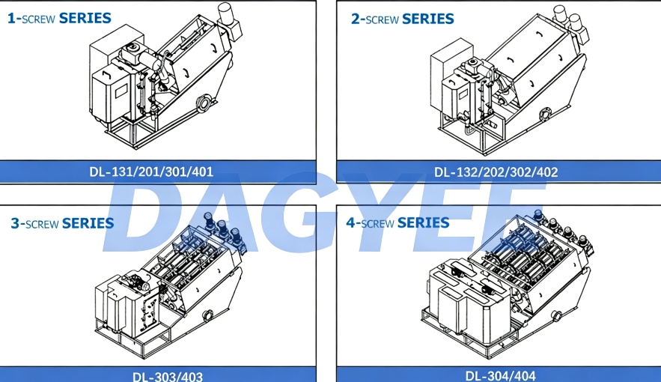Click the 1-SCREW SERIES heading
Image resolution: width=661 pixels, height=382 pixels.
coord(59,18)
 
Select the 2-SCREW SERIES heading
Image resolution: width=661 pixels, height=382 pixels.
coord(403,19)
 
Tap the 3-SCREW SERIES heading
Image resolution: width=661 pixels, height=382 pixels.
coord(62,223)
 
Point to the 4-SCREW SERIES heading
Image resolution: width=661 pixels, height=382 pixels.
coord(397,222)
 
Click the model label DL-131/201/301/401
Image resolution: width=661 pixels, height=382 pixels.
coord(151,172)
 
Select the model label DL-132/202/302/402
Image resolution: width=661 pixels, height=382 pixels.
coord(496,172)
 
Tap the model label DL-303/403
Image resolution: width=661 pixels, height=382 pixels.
coord(168,376)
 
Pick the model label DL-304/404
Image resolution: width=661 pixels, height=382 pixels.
coord(501,376)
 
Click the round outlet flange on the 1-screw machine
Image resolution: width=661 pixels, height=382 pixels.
coord(204,103)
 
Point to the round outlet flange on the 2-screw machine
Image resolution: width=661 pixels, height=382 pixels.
coord(545,114)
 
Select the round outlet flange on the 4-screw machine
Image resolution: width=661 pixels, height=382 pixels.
coord(556,315)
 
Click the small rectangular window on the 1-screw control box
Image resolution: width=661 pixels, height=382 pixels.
coord(121,91)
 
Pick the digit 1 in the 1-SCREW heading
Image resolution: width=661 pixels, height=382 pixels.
coord(11,19)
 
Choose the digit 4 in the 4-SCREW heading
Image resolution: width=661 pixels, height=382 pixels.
coord(351,222)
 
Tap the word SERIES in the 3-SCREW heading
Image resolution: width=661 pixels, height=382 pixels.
coord(88,223)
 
